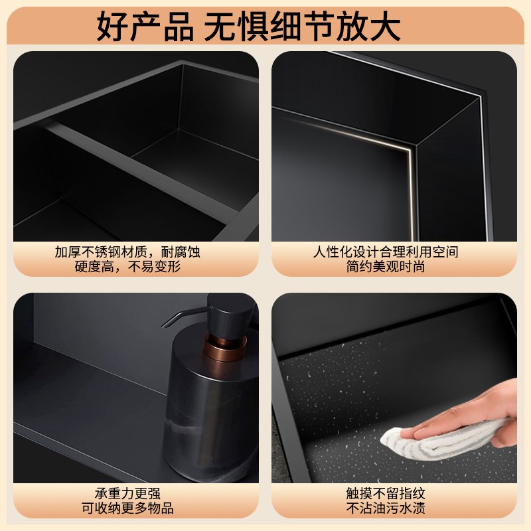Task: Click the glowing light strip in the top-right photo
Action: pyautogui.click(x=372, y=136)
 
